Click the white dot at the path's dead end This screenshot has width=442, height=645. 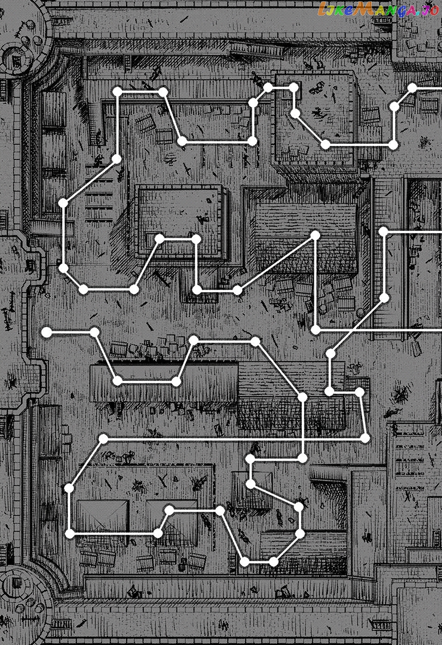click(x=46, y=332)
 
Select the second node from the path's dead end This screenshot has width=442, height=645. click(x=94, y=332)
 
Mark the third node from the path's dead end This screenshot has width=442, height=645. click(x=118, y=381)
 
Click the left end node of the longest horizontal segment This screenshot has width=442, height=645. click(x=104, y=439)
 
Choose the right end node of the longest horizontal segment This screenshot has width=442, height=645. click(x=365, y=438)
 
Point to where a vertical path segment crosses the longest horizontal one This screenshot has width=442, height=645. click(x=303, y=439)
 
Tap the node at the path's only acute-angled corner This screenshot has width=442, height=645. click(x=315, y=235)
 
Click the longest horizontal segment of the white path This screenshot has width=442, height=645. click(x=230, y=439)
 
